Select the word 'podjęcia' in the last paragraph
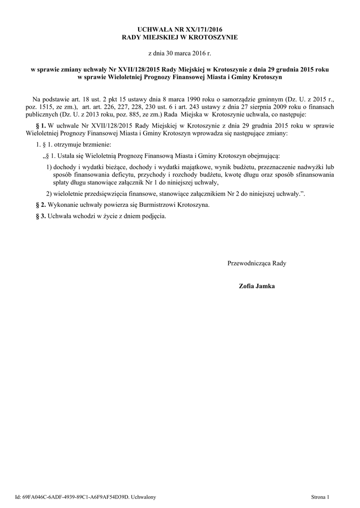152,217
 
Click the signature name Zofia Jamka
257,286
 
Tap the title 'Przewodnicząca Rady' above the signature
257,263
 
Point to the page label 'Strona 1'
320,497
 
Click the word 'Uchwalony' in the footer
144,497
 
